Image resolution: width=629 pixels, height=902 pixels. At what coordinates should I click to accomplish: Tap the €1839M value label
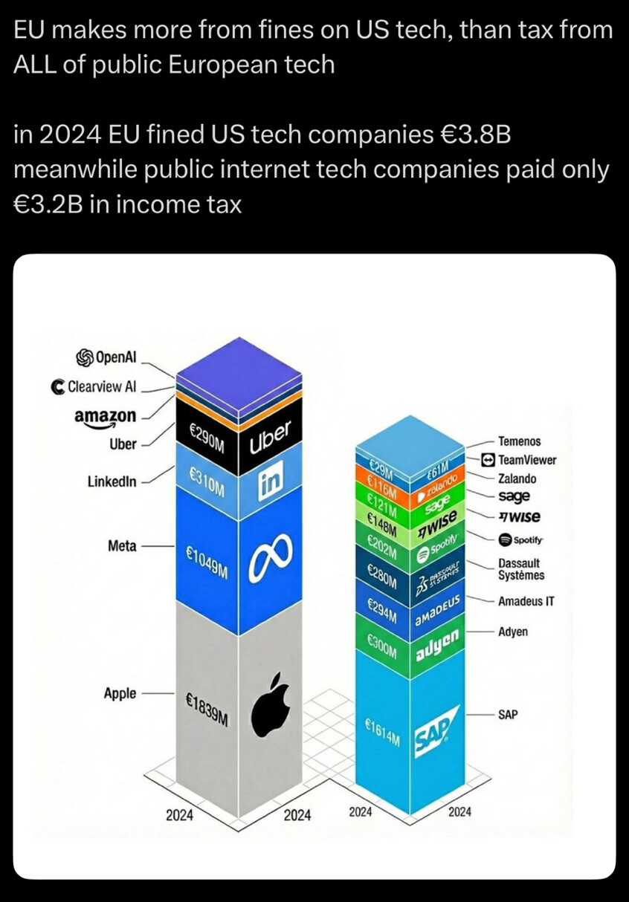[x=207, y=710]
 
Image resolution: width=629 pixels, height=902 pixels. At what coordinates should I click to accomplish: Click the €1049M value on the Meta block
[x=207, y=562]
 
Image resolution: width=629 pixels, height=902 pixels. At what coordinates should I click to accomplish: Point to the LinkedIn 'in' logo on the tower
[x=271, y=481]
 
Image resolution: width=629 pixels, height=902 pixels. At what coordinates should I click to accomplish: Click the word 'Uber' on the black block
[x=270, y=438]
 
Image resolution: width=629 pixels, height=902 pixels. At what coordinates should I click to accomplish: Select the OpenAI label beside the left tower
[x=106, y=357]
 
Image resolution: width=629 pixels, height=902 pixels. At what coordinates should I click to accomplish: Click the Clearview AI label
[x=94, y=386]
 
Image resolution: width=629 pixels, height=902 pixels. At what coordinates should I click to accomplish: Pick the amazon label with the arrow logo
[x=106, y=417]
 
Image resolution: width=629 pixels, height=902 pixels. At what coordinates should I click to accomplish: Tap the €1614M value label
[x=382, y=732]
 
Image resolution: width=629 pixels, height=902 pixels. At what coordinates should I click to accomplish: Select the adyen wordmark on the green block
[x=437, y=645]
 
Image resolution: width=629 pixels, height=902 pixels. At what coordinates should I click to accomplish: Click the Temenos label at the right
[x=520, y=441]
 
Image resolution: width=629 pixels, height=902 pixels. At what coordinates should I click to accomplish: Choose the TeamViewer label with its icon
[x=519, y=460]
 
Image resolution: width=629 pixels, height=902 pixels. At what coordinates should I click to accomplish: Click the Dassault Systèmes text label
[x=521, y=569]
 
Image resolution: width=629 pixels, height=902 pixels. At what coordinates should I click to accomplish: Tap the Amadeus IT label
[x=526, y=601]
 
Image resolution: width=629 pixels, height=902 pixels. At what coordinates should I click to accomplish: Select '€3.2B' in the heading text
[x=48, y=204]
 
